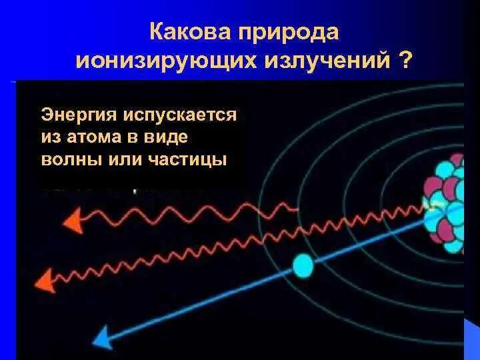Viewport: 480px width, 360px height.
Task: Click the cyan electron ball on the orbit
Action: (x=303, y=265)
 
